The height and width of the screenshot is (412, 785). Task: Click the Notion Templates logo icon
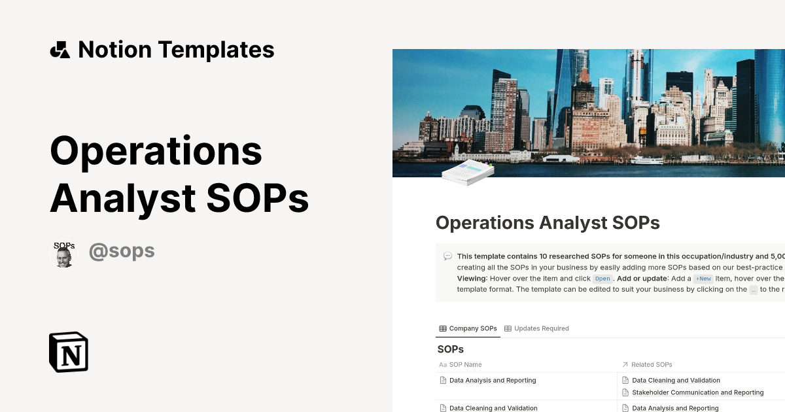60,50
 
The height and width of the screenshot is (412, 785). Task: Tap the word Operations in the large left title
156,150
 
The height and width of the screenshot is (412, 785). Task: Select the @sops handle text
122,251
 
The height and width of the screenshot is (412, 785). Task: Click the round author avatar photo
63,254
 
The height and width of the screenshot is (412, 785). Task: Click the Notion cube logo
69,352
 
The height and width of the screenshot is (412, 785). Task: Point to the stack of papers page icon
467,171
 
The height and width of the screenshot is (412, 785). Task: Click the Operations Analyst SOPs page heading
548,223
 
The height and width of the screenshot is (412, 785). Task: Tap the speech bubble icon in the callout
447,256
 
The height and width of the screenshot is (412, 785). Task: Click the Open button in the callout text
602,279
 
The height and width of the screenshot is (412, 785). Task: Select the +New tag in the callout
704,279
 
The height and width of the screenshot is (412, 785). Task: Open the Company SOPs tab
468,328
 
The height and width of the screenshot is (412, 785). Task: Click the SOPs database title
450,349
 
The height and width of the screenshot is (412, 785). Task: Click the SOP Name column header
465,364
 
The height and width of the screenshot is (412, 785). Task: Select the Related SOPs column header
652,364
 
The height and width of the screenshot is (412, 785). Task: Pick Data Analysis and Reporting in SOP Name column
493,380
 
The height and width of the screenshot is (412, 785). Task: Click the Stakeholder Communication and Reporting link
697,392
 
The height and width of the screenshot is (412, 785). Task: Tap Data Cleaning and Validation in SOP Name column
493,408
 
